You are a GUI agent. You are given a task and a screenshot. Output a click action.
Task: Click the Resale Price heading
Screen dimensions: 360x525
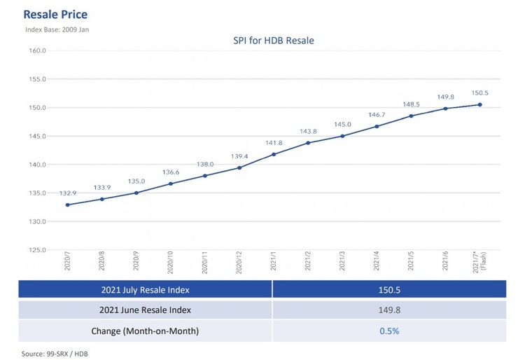coord(55,14)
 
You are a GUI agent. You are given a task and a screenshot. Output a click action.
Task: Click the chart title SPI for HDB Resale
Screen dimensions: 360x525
coord(274,41)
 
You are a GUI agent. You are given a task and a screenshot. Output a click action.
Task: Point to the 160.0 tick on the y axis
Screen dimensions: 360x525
coord(36,51)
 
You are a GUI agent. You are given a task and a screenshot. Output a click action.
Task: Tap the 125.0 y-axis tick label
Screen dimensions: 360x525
coord(36,250)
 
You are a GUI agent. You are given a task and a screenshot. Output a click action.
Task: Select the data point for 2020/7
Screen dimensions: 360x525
coord(68,205)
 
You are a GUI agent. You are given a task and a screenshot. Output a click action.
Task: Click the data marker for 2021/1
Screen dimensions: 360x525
coord(274,154)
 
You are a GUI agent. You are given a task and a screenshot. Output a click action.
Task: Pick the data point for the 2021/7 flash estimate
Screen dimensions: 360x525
coord(480,105)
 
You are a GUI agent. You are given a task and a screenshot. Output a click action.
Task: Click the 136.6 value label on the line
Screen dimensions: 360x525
coord(171,172)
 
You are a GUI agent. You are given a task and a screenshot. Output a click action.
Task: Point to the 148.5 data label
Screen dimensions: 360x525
coord(412,104)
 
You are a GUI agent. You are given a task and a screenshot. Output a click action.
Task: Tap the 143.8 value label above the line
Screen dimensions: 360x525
coord(308,131)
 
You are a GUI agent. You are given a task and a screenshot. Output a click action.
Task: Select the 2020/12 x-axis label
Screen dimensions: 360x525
coord(239,263)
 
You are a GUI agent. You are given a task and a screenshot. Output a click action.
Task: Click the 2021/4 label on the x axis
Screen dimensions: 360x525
coord(377,263)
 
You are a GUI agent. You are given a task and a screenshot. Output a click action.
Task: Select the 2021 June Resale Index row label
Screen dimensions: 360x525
coord(145,310)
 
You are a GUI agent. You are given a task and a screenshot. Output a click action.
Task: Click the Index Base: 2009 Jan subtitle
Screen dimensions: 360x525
coord(57,29)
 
